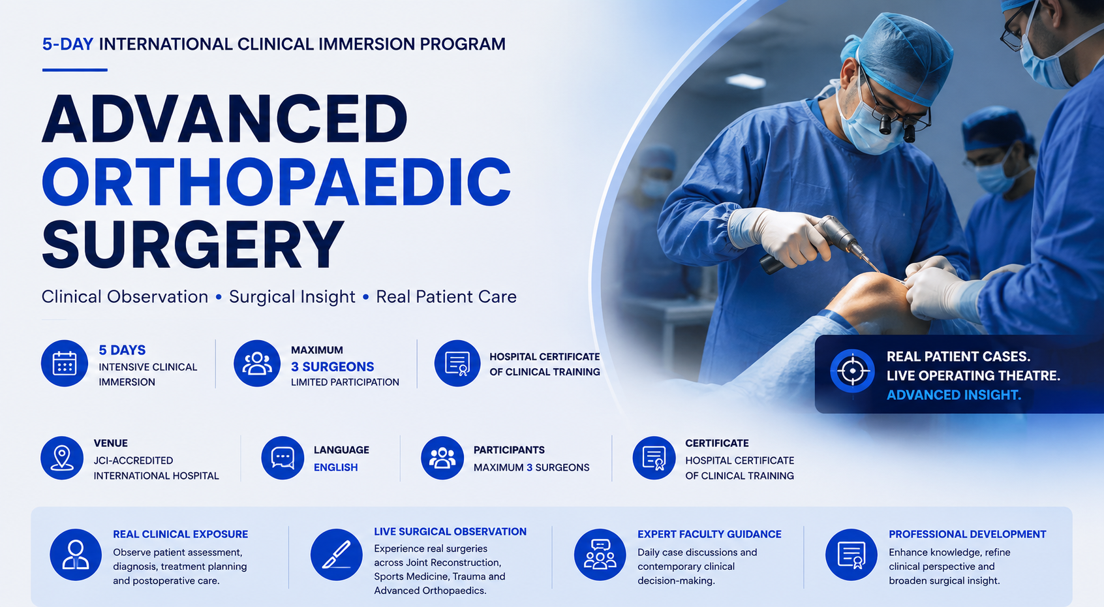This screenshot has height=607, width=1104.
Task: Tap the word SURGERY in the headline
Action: (192, 245)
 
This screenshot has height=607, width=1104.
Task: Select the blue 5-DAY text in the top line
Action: (67, 44)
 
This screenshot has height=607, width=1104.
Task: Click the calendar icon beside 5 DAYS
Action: (65, 364)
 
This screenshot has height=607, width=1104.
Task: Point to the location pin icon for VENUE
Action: (61, 458)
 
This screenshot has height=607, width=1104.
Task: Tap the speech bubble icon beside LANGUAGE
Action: (283, 458)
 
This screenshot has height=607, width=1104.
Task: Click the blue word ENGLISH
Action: (335, 467)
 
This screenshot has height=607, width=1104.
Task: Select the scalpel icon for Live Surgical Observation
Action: (337, 555)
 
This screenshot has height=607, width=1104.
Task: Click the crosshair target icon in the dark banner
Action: (852, 371)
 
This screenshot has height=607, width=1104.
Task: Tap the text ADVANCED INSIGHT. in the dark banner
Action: (954, 395)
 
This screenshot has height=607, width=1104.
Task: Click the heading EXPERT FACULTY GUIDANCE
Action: (709, 534)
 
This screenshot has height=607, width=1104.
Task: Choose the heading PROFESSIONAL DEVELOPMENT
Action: (967, 534)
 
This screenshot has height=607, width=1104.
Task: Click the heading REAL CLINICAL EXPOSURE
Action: (180, 534)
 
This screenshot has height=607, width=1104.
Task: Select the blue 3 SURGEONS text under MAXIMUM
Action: (332, 367)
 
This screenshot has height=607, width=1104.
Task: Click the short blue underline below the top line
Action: (75, 70)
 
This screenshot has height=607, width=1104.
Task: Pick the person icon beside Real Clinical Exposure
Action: (76, 555)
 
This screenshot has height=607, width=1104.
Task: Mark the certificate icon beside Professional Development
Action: (851, 555)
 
